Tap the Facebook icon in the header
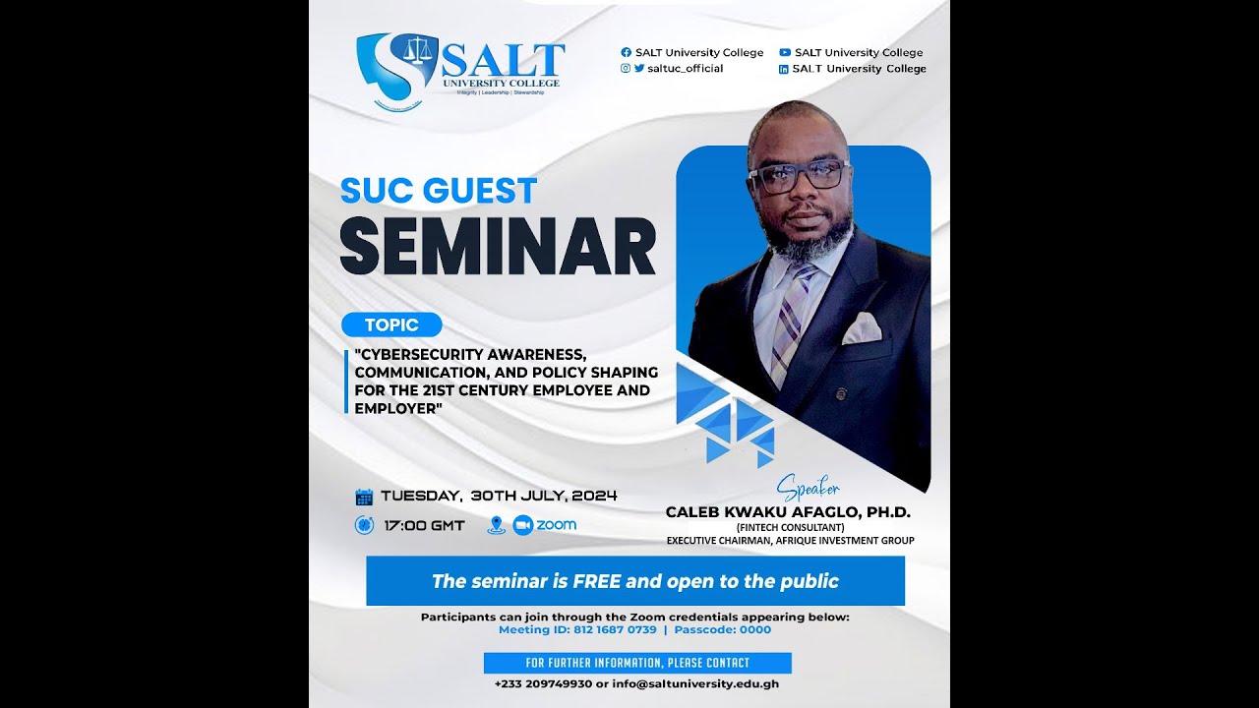tap(626, 53)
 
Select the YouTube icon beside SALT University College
tap(785, 53)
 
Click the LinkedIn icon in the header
tap(784, 69)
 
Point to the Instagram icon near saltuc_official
tap(626, 69)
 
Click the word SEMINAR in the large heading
tap(498, 247)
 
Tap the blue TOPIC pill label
tap(391, 324)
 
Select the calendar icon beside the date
tap(364, 497)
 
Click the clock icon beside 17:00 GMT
tap(364, 525)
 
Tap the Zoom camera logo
tap(522, 525)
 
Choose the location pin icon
tap(496, 525)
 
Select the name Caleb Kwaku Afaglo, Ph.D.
tap(788, 512)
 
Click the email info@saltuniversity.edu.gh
tap(694, 683)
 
